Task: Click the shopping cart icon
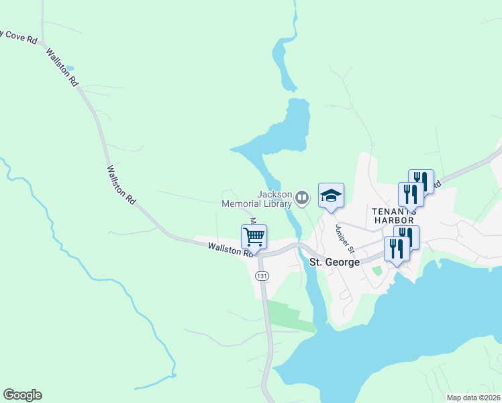(x=254, y=236)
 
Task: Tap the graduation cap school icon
(x=331, y=195)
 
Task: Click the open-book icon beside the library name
(x=302, y=198)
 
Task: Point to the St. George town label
(x=334, y=261)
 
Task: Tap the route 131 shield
(x=262, y=276)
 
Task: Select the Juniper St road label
(x=342, y=239)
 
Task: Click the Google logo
(x=22, y=395)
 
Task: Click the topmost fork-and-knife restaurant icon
(x=421, y=181)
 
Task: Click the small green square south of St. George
(x=376, y=271)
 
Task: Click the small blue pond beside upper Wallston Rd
(x=70, y=69)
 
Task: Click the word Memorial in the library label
(x=256, y=203)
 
